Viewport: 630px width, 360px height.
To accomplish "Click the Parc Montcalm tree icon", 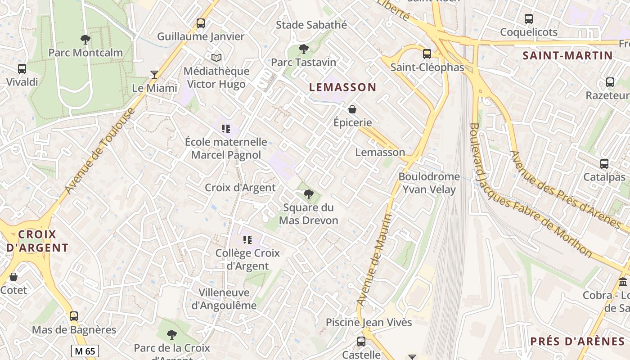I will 85,40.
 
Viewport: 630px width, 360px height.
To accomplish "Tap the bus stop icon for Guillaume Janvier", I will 201,23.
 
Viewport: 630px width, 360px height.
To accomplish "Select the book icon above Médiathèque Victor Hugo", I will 216,58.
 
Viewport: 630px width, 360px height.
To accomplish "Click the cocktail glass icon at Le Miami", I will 154,75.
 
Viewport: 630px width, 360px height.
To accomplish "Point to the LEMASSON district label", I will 342,87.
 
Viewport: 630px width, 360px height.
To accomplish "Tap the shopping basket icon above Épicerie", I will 352,109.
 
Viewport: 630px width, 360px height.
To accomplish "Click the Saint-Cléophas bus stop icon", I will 427,54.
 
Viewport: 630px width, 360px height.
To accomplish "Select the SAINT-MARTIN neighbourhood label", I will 567,56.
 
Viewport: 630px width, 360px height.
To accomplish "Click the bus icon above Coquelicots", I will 529,19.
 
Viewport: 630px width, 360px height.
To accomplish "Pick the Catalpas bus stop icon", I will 604,164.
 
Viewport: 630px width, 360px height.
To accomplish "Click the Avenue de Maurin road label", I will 374,260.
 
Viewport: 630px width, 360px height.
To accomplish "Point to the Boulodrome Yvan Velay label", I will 429,183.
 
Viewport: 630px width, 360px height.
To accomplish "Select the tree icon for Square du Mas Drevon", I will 308,194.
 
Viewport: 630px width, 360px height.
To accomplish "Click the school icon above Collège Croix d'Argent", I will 247,239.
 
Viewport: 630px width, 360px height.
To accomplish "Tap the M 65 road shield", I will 85,351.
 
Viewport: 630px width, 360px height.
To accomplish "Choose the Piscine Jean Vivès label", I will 369,322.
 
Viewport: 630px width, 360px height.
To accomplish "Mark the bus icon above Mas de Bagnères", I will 74,316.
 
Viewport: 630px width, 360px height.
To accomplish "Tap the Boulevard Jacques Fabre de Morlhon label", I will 531,191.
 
